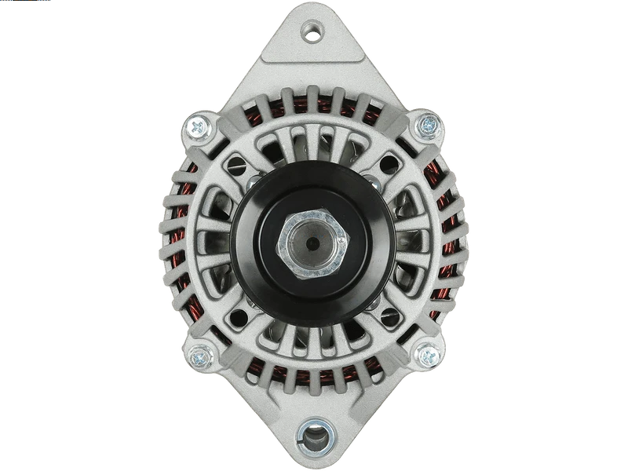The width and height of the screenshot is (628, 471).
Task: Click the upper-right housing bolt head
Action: [428, 123]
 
